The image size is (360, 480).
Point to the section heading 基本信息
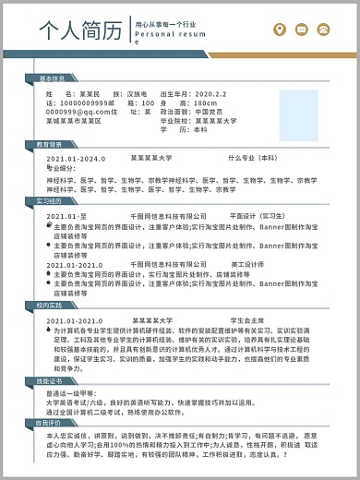[x=51, y=78]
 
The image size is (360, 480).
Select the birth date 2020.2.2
[x=206, y=94]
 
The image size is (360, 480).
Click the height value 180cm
[x=205, y=102]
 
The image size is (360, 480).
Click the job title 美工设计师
[x=246, y=266]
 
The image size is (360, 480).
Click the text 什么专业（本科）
[x=253, y=159]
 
